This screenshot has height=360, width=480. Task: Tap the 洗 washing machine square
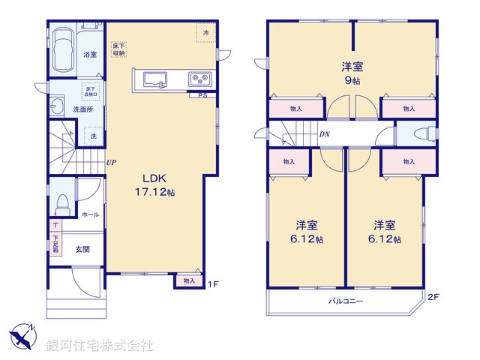[93, 136]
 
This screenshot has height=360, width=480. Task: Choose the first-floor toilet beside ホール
[61, 202]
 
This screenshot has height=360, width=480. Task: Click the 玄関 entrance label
[82, 249]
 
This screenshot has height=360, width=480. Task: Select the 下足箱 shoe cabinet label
[55, 244]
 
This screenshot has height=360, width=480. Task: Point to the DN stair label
[324, 135]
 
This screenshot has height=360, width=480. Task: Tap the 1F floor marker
[212, 283]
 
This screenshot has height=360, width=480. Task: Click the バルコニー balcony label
[346, 301]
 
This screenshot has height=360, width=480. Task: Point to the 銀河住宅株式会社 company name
[100, 346]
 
